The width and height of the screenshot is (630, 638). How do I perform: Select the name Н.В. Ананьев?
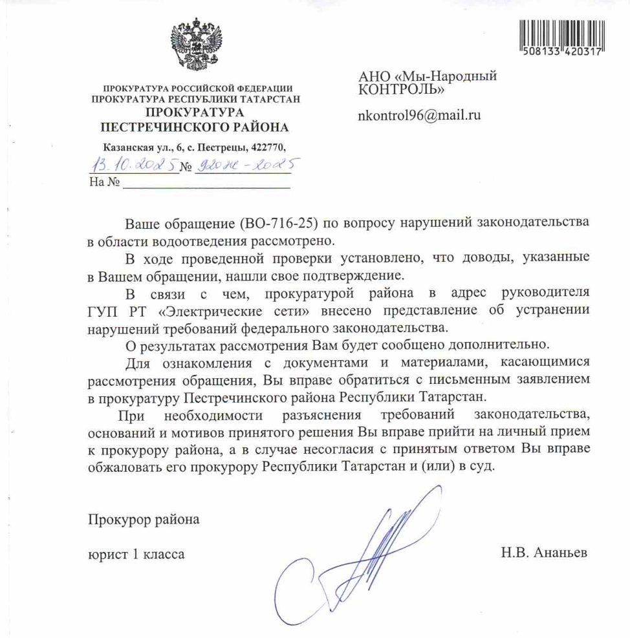point(544,553)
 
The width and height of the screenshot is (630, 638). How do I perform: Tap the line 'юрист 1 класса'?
point(136,554)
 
